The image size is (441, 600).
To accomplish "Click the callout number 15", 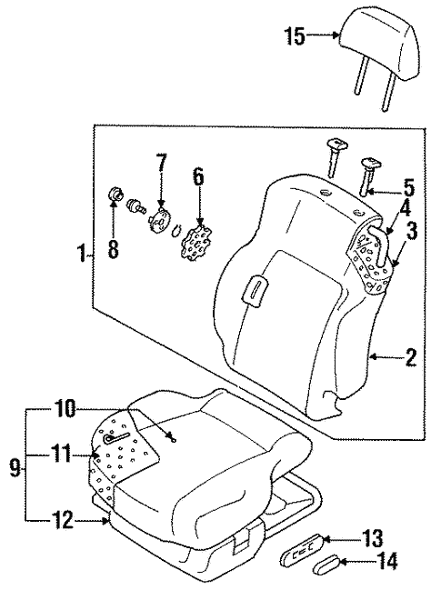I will click(293, 37).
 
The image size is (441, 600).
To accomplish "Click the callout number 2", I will click(410, 358).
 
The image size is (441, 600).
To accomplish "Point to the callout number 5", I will click(409, 190).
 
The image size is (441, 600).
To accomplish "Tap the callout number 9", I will click(14, 468).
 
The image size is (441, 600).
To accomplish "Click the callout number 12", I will click(61, 519).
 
